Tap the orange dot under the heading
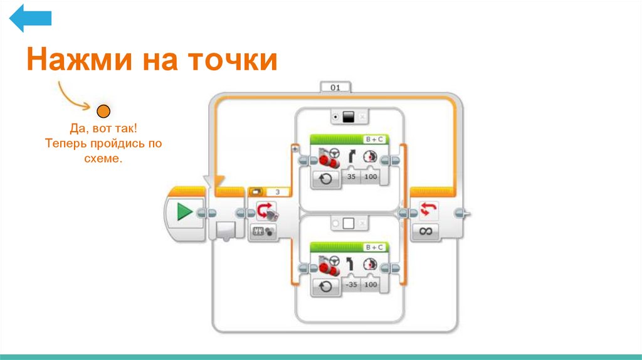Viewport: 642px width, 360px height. [x=103, y=112]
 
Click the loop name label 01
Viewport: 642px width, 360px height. [x=335, y=88]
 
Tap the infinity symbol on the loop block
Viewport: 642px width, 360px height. [x=426, y=231]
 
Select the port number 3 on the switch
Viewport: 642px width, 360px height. [x=278, y=192]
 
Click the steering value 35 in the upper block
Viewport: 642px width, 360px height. [x=350, y=178]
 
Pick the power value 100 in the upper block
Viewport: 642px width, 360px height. [x=371, y=178]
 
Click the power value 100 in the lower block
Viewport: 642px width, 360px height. [x=371, y=285]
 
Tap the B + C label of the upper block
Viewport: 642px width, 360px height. [x=374, y=140]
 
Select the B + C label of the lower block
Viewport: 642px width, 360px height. [x=374, y=247]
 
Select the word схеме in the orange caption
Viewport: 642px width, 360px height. [x=102, y=159]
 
